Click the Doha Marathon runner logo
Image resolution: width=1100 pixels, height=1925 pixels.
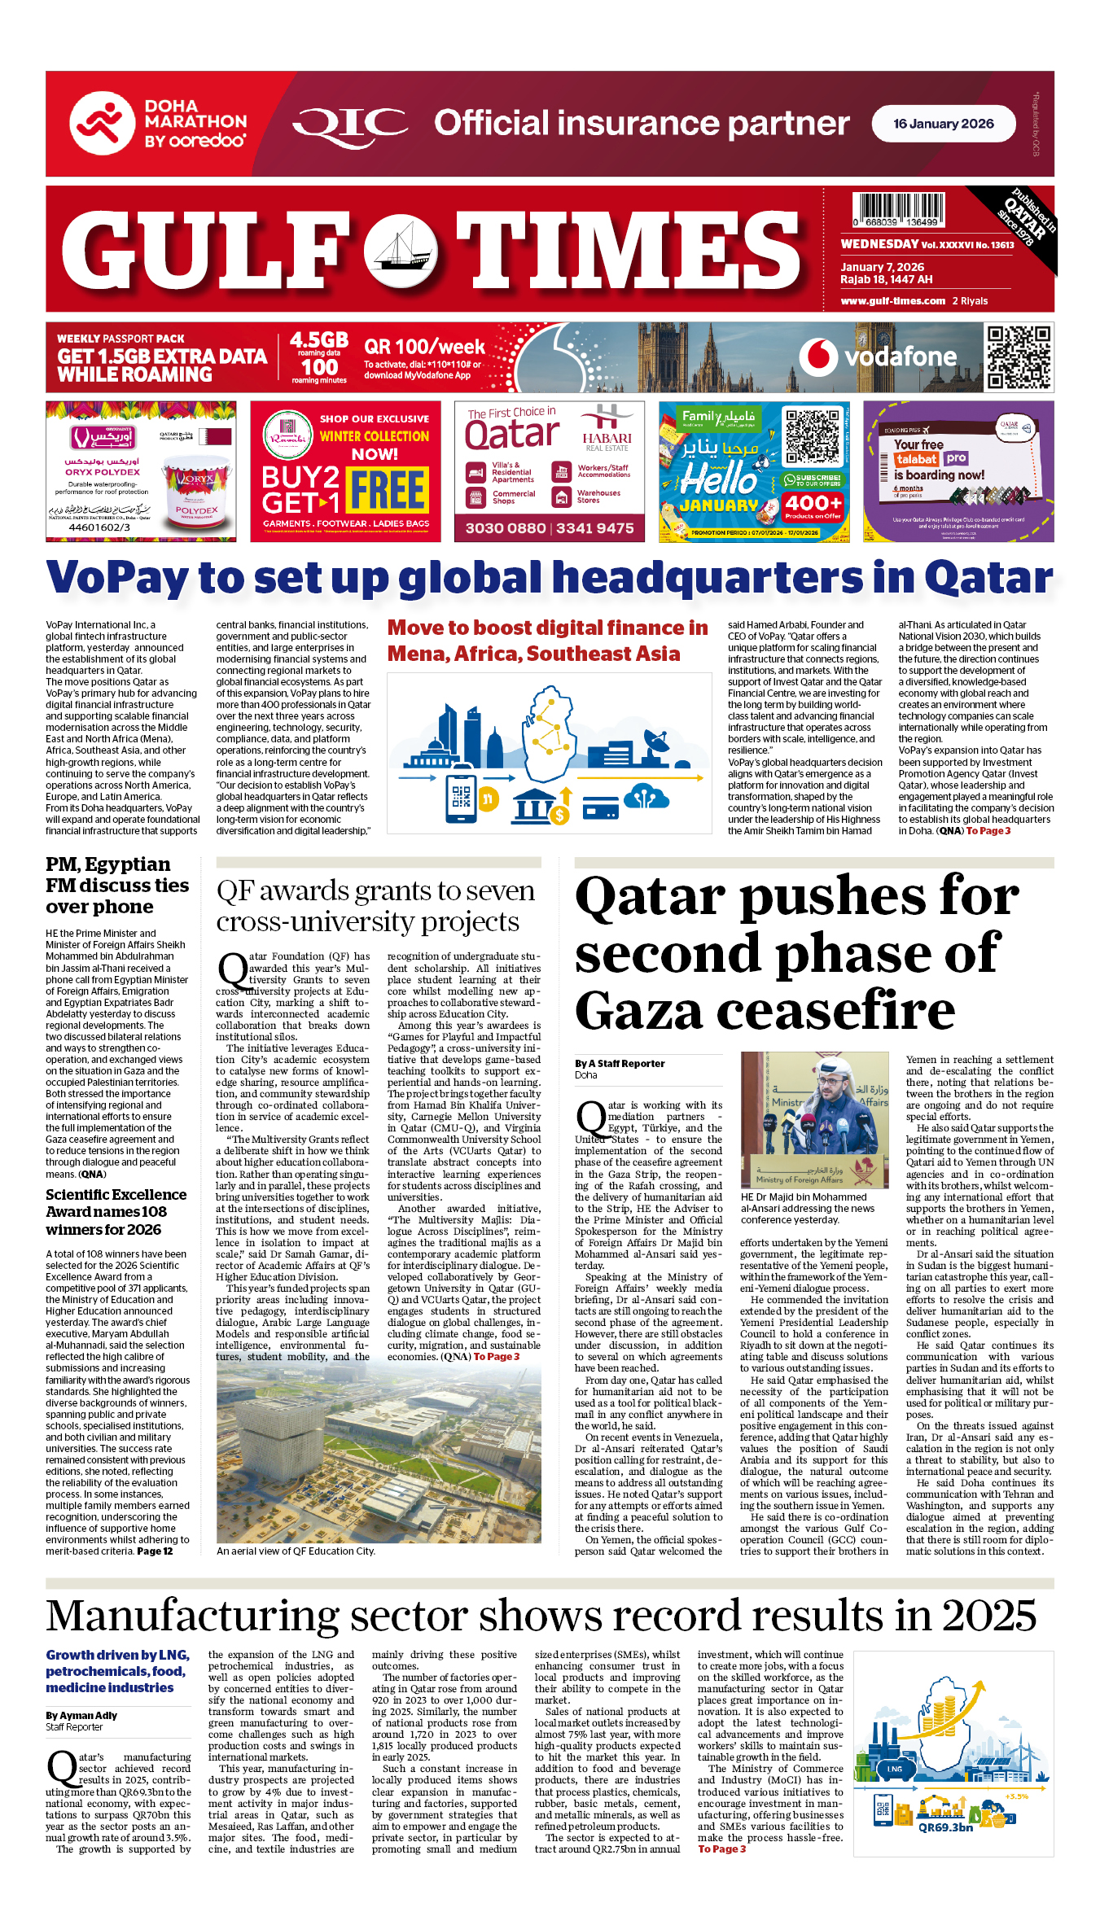(x=102, y=124)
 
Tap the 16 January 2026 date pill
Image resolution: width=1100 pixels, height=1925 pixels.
(x=943, y=124)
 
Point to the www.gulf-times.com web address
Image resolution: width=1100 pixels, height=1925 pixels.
(x=892, y=301)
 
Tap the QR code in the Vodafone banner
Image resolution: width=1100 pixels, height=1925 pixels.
(x=1018, y=357)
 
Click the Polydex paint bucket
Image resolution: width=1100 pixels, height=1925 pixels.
(x=195, y=497)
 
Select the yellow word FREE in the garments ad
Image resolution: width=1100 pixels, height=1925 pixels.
(x=388, y=490)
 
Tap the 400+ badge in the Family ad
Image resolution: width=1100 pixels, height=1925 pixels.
(x=813, y=504)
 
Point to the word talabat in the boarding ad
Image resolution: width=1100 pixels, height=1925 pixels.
(x=916, y=459)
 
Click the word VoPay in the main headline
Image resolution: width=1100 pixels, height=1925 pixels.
(x=117, y=578)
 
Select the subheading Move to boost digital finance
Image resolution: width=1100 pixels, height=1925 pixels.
(x=547, y=641)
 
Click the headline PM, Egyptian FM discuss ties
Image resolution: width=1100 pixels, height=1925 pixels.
(x=117, y=886)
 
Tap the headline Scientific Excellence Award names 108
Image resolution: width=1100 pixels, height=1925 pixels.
(x=116, y=1212)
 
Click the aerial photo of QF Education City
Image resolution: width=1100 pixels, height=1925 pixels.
(x=379, y=1453)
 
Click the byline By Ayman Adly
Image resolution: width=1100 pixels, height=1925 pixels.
(x=81, y=1715)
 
